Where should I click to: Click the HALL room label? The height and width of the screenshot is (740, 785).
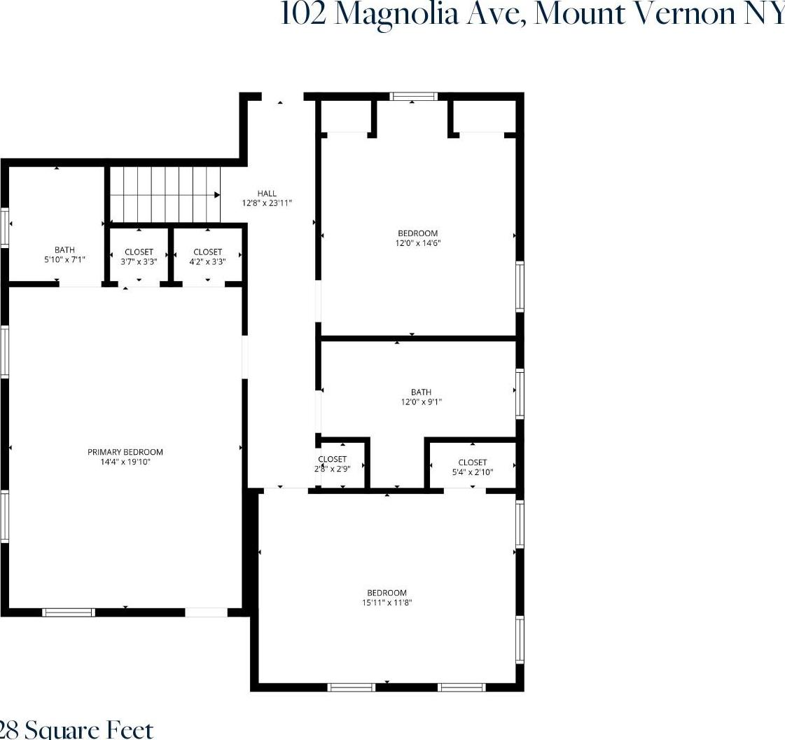click(266, 193)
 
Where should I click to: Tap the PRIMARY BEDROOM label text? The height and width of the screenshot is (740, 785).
click(125, 452)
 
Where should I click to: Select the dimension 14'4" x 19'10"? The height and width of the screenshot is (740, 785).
click(125, 462)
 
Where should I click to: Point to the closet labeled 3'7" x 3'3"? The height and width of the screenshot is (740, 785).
click(139, 256)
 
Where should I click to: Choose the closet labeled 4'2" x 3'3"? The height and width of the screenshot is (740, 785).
click(207, 256)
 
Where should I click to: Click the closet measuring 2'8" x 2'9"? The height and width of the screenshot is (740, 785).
click(332, 464)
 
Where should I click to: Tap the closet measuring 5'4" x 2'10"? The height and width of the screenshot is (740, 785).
click(472, 467)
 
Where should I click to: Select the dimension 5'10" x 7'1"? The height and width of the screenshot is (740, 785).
click(64, 259)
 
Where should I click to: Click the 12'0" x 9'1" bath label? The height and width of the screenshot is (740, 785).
click(421, 402)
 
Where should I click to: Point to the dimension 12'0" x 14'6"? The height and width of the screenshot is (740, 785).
click(417, 243)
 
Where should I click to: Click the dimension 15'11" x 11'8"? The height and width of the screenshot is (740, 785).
click(388, 602)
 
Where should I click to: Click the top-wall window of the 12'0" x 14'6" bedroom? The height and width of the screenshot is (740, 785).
click(413, 97)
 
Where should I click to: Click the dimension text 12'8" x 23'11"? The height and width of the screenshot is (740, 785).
click(266, 203)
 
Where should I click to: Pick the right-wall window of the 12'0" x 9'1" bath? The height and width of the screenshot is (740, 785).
click(520, 393)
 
